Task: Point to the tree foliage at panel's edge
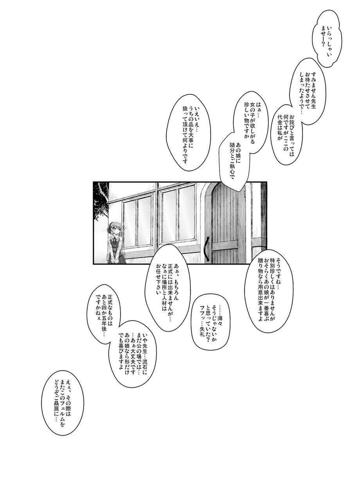[x=101, y=200]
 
